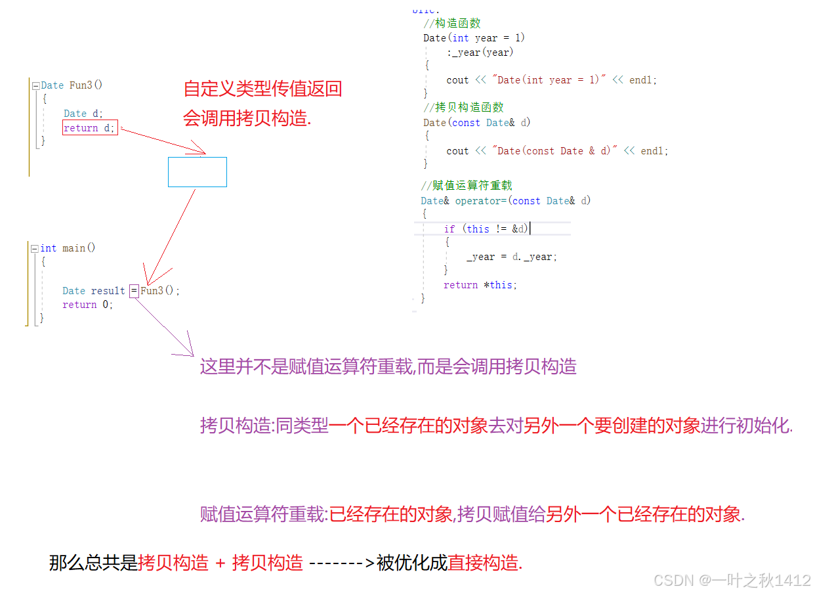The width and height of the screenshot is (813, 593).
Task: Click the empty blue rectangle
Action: point(197,172)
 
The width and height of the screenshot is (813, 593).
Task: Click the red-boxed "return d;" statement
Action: point(90,128)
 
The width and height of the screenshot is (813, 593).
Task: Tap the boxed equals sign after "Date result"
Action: point(134,290)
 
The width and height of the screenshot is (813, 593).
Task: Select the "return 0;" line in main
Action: point(88,305)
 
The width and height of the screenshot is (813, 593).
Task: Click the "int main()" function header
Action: point(68,248)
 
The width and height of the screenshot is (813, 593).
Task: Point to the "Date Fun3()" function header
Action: point(72,85)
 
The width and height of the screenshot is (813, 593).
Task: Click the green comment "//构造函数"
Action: point(452,24)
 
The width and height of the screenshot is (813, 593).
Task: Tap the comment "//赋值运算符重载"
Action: point(467,186)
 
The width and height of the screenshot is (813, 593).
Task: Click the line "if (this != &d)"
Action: point(486,229)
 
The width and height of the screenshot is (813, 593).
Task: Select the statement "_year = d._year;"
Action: point(512,257)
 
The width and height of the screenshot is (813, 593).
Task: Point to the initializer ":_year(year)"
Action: point(480,53)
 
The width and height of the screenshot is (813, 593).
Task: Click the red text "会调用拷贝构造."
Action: point(247,118)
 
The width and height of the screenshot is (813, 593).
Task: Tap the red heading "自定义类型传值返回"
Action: point(262,89)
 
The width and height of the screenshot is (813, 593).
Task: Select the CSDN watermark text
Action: point(732,581)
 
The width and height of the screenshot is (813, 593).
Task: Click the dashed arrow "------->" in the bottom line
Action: point(341,563)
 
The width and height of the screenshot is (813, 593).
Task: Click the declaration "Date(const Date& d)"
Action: point(477,123)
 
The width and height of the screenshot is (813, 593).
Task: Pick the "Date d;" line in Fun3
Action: point(83,114)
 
